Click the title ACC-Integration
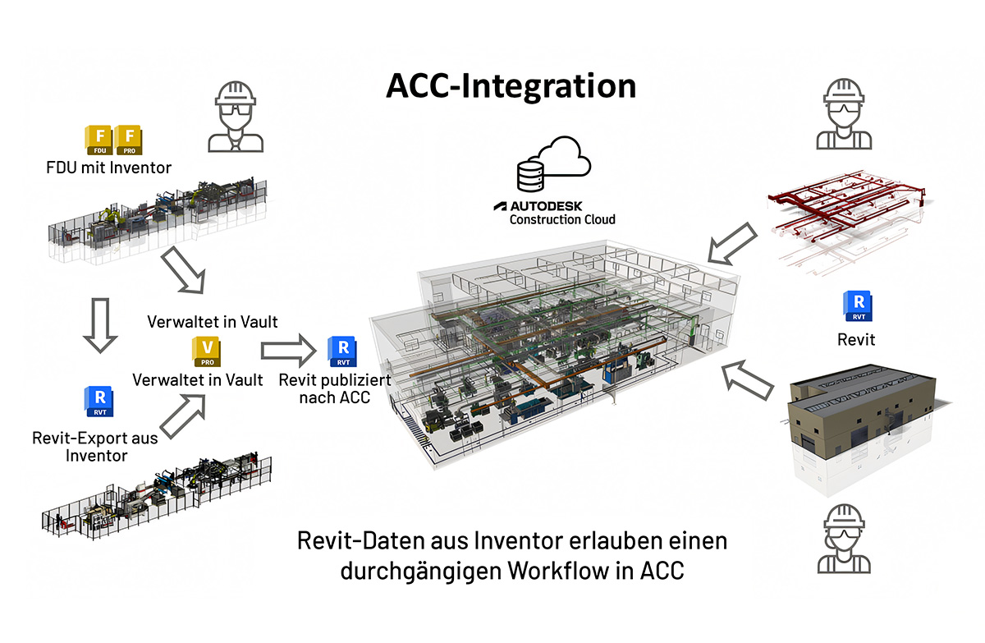511,86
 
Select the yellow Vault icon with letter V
208,351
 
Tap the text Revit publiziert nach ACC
334,389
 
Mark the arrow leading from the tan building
749,380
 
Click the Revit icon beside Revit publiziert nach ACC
340,351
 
